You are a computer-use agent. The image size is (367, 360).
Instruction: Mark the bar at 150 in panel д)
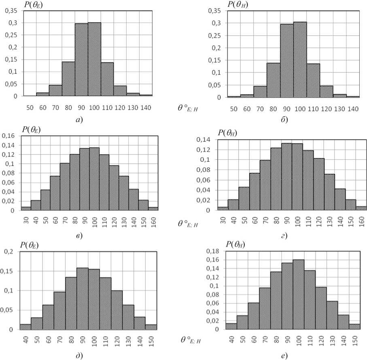[151, 327]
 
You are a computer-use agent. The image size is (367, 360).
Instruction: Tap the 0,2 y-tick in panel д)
[10, 252]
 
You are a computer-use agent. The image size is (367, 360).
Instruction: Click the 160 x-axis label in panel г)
[362, 221]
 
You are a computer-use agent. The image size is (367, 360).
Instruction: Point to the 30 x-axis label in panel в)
[26, 220]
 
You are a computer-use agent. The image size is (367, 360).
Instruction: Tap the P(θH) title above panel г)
[228, 133]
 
